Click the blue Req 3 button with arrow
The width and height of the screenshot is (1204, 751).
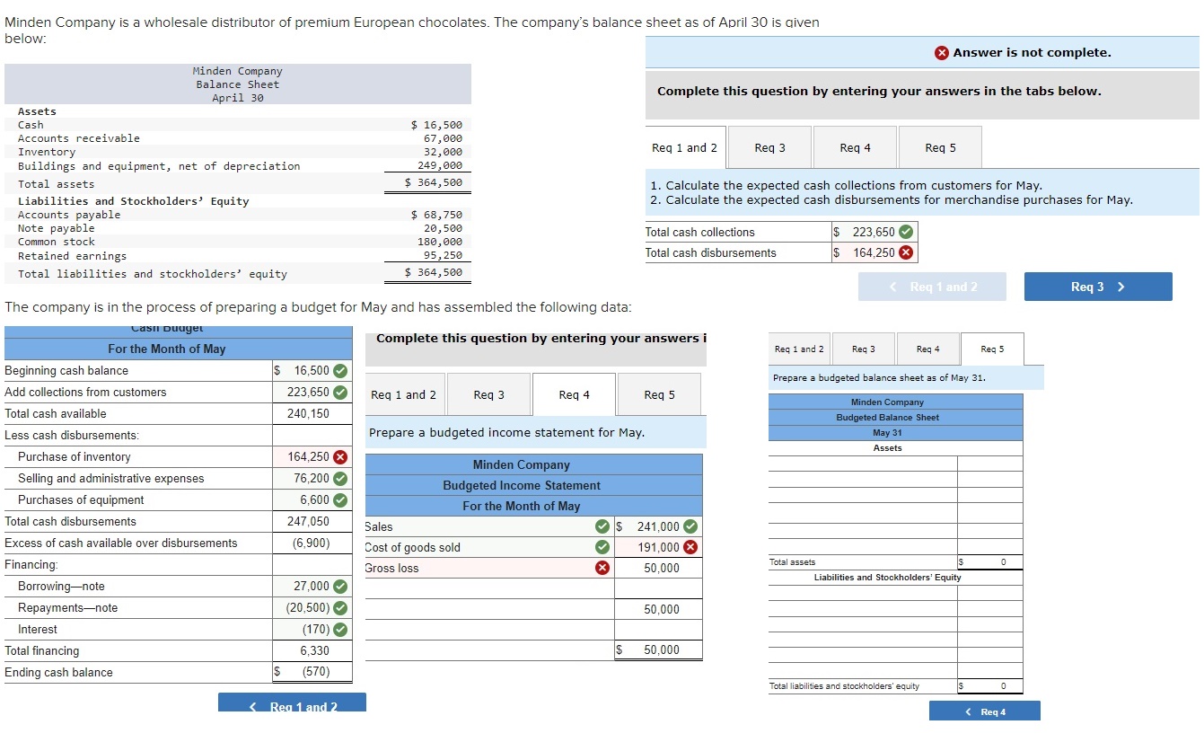(x=1097, y=287)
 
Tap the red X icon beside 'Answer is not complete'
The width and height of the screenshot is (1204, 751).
(x=941, y=53)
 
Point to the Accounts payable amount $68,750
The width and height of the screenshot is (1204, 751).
(x=436, y=215)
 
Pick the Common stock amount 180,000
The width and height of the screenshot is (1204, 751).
(x=440, y=242)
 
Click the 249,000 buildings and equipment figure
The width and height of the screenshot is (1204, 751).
(x=440, y=165)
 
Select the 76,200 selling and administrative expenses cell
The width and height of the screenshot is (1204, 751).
(x=312, y=479)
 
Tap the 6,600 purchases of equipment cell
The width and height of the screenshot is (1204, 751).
(x=314, y=500)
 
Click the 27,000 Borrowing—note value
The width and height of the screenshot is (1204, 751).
(x=312, y=587)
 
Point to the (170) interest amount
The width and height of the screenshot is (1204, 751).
(x=315, y=630)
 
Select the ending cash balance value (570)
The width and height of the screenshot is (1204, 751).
(x=315, y=673)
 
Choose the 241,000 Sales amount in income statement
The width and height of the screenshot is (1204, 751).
(x=658, y=527)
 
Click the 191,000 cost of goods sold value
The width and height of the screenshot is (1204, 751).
(x=658, y=548)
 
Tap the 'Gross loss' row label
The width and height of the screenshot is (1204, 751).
(x=391, y=569)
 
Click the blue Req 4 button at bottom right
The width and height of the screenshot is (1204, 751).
(x=984, y=712)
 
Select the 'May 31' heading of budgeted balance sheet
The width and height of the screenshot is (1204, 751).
(x=887, y=433)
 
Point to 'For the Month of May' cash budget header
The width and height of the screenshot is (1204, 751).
(x=167, y=349)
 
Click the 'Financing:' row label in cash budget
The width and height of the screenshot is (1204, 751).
(x=31, y=565)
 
